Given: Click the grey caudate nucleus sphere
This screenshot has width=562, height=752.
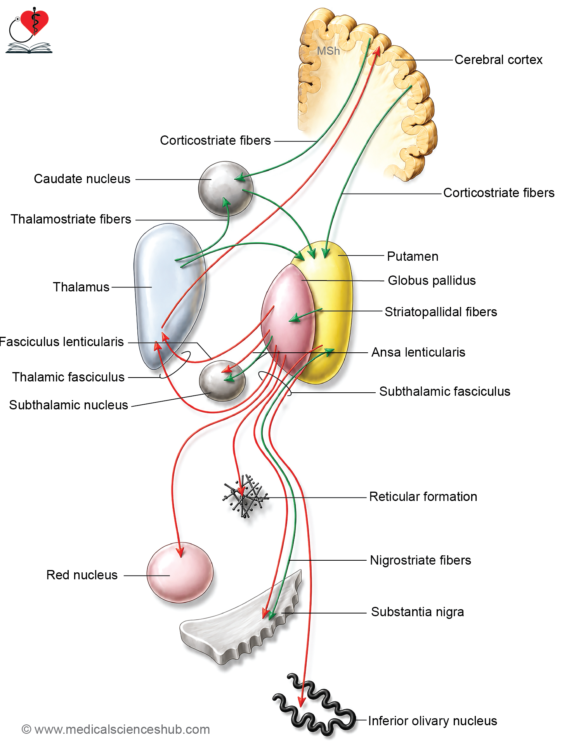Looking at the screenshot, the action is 225,189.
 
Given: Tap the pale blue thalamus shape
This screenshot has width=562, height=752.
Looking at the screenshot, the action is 169,295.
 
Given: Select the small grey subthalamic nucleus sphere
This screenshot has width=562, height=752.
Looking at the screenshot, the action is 222,381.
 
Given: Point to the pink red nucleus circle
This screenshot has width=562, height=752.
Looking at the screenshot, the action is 180,572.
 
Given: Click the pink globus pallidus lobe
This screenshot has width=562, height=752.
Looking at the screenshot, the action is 288,318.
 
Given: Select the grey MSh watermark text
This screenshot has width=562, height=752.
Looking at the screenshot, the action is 328,51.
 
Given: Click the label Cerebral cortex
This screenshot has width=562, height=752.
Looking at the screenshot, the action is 498,60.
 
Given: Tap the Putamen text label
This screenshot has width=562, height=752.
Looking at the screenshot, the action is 413,256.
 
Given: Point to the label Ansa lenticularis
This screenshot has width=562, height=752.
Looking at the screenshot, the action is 418,352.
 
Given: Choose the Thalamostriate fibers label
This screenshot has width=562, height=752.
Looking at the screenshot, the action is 71,219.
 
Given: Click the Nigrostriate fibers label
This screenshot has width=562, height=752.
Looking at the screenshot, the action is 420,560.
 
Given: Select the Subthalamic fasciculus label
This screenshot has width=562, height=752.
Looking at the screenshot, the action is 445,392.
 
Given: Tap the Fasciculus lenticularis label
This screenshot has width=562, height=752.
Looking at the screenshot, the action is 61,342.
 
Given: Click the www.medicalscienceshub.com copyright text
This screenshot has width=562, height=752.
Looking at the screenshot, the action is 116,729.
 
